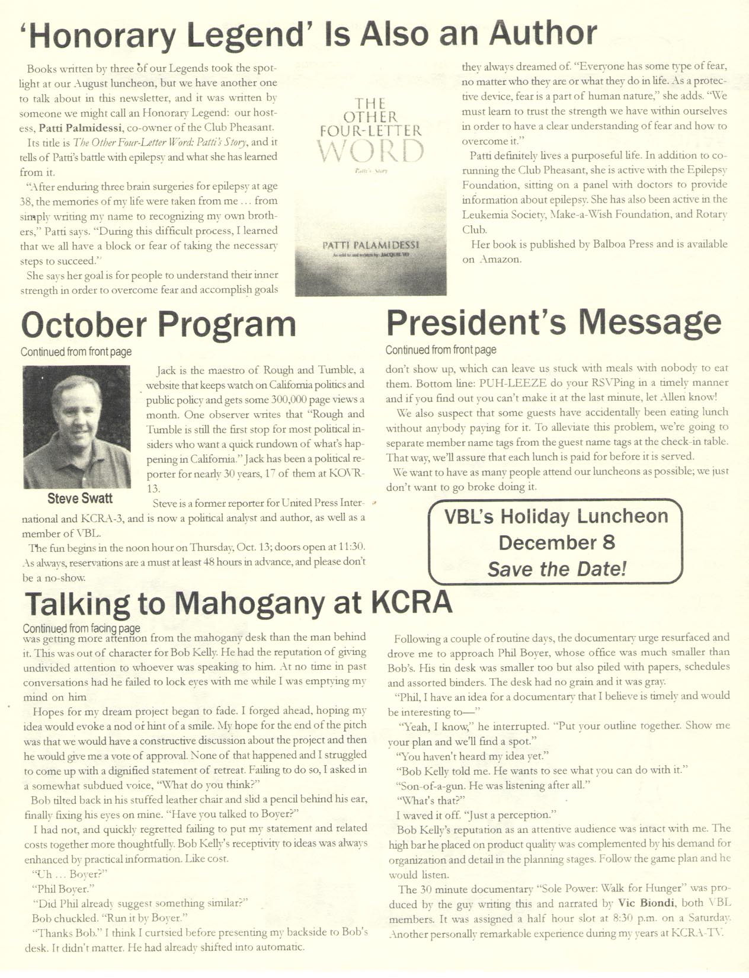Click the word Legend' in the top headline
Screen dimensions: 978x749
click(x=248, y=34)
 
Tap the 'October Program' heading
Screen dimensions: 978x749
click(x=158, y=325)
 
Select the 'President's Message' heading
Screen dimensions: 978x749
click(x=553, y=323)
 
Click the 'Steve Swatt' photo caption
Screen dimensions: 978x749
click(x=80, y=498)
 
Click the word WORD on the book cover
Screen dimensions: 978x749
click(x=370, y=152)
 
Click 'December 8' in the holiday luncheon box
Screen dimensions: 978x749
click(x=556, y=542)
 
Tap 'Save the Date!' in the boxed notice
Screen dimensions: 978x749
click(x=556, y=569)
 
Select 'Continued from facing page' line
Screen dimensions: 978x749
click(x=81, y=628)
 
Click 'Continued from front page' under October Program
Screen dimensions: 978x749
click(x=76, y=352)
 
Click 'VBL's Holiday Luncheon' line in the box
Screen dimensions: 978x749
click(x=556, y=516)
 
